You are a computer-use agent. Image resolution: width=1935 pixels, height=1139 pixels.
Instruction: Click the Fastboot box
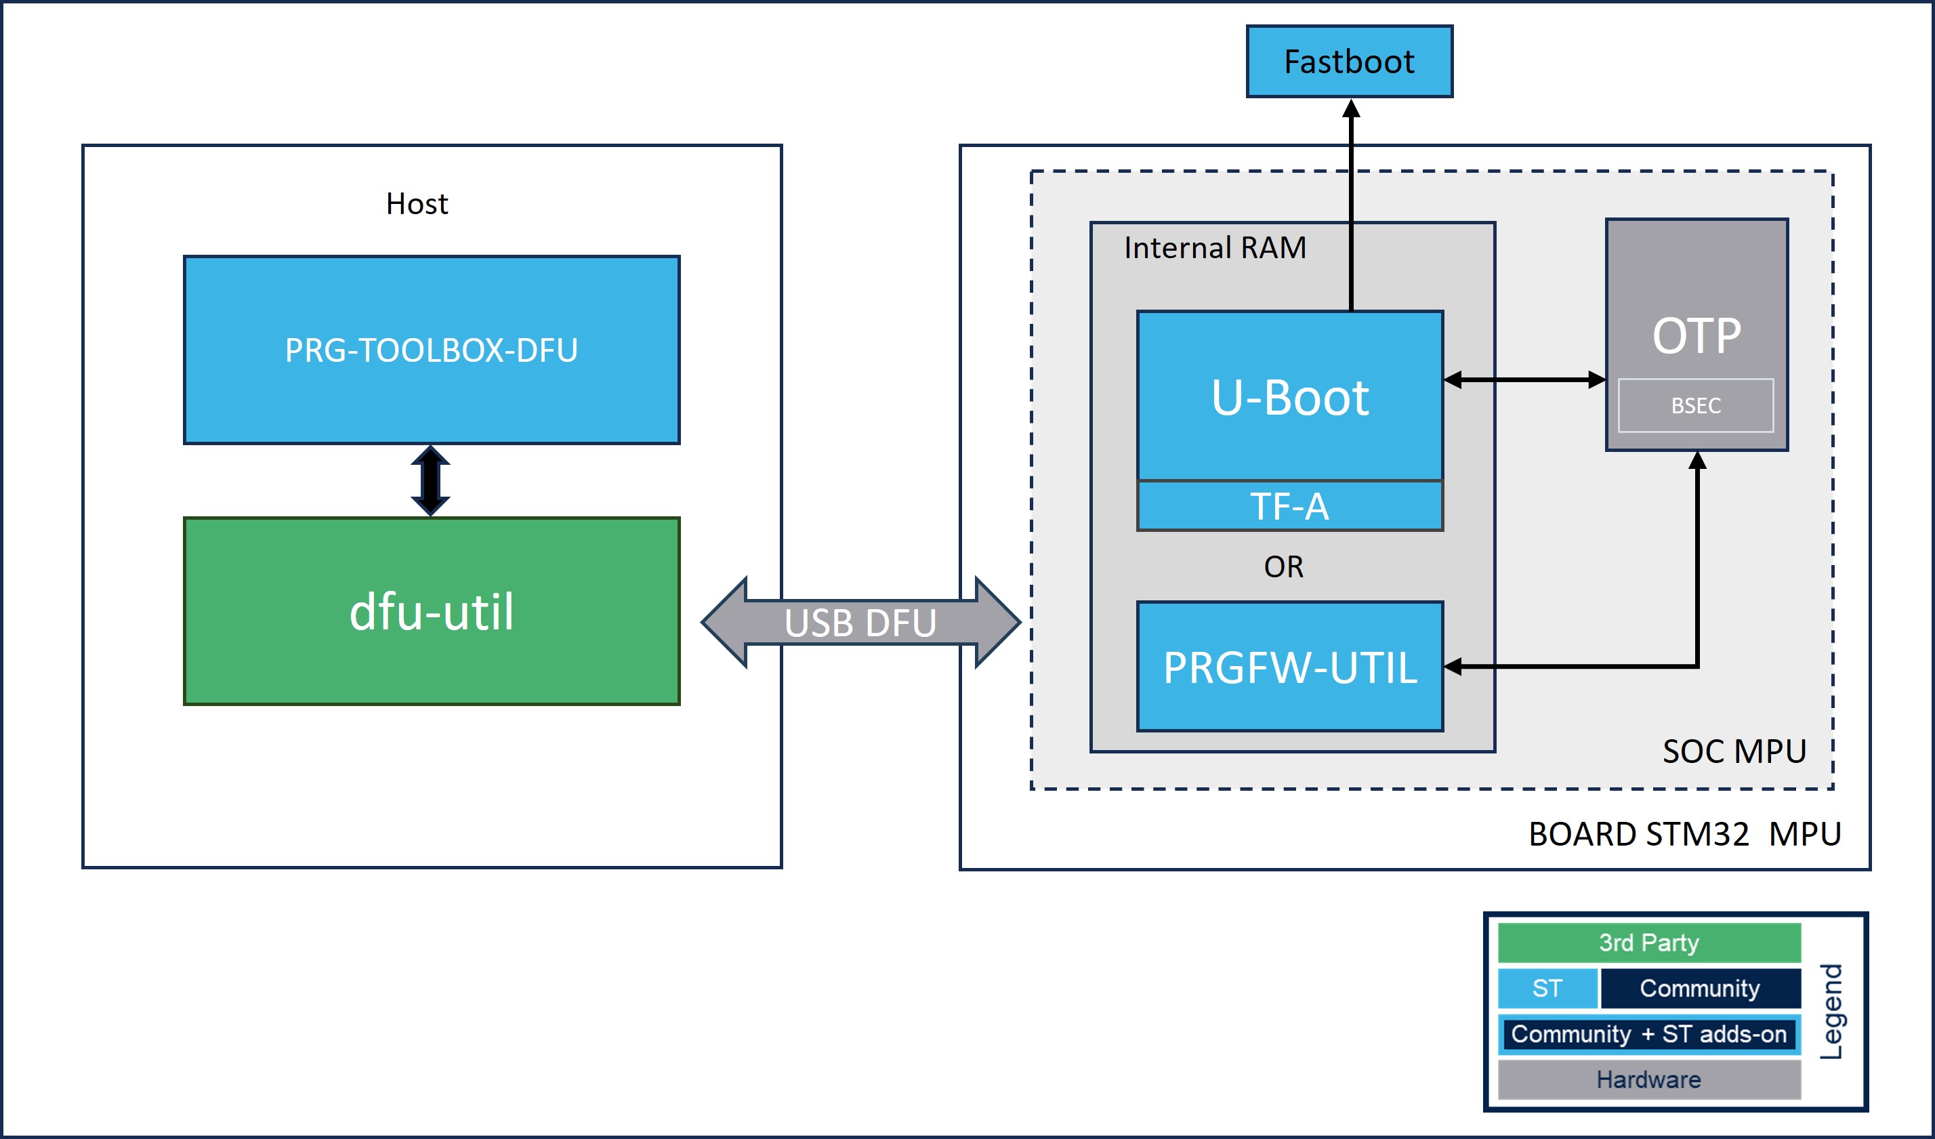[1349, 62]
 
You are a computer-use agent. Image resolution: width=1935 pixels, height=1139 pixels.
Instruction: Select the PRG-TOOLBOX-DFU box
[432, 350]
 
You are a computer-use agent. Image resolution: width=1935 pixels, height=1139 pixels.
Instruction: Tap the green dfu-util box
[432, 611]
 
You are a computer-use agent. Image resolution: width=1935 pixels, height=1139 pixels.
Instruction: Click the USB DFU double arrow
[860, 622]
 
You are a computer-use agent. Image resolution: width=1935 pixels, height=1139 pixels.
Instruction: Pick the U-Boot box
[1290, 396]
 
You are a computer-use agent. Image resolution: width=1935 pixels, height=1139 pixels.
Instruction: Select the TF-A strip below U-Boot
[1290, 506]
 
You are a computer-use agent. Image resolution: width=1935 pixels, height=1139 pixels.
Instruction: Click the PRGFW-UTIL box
[1290, 667]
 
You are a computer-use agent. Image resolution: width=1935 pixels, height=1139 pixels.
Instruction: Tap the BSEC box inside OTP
[1697, 405]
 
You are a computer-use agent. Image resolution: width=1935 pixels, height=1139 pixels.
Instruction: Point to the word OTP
[1697, 335]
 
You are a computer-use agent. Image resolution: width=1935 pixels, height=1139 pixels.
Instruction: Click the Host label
[417, 203]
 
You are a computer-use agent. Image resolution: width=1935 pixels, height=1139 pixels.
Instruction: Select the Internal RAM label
[1215, 247]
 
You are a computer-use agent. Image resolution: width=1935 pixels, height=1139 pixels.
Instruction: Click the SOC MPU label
[1734, 751]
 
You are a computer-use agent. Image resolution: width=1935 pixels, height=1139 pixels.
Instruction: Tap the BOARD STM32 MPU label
[1685, 834]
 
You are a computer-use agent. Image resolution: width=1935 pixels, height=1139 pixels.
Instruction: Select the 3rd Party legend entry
[1649, 943]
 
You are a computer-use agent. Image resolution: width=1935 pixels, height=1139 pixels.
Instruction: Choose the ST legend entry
[1547, 988]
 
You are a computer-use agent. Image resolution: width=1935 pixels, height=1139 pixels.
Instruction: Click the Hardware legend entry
[1649, 1080]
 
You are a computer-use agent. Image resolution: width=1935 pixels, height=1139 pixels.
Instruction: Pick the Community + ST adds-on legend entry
[1649, 1035]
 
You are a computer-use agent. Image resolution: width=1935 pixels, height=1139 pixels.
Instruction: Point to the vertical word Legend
[1832, 1012]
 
